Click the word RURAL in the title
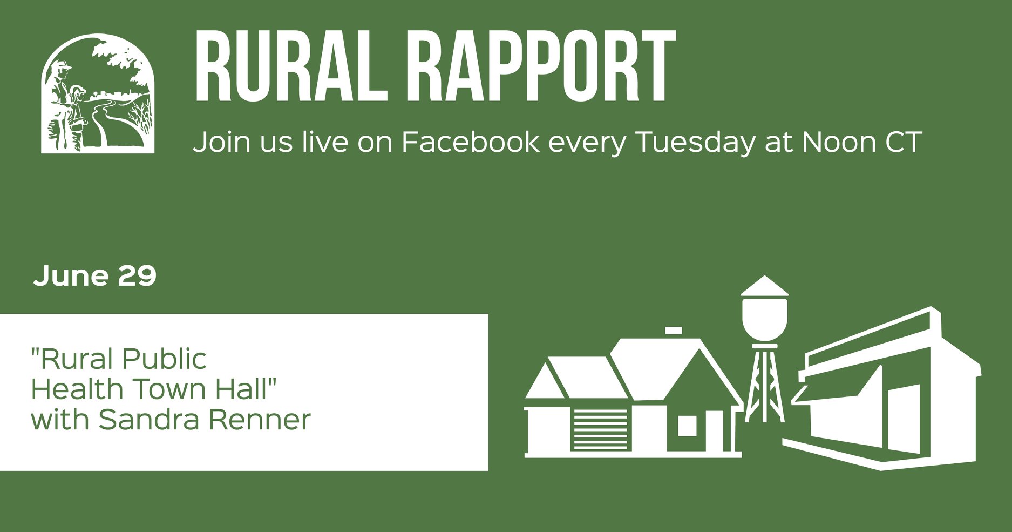(291, 66)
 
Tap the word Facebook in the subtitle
(470, 142)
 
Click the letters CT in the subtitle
(903, 142)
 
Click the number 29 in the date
(137, 275)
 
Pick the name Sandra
(150, 419)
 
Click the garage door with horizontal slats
(601, 429)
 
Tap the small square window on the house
(687, 426)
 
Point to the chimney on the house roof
(673, 331)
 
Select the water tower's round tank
(764, 319)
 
